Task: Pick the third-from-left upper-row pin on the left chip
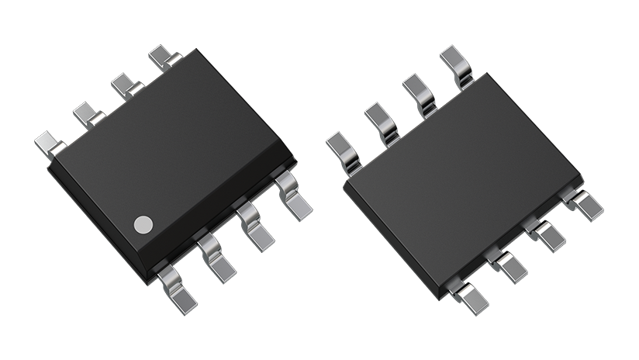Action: (125, 84)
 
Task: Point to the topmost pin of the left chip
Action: (164, 57)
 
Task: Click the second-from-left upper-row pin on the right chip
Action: (381, 120)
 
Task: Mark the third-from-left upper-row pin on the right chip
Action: (419, 90)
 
